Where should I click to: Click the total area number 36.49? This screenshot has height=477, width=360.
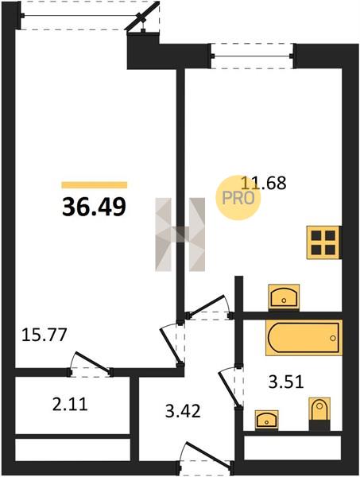pos(94,207)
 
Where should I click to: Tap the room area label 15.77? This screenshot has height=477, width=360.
pos(44,335)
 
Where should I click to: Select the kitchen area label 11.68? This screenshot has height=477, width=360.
pos(264,183)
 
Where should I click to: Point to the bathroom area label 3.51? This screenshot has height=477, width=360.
pos(286,382)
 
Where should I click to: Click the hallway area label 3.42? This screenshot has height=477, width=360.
pos(183,411)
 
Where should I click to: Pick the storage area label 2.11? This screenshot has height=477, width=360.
pos(70,405)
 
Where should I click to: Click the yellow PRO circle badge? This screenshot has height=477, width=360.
pos(238,198)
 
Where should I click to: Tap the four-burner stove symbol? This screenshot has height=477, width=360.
pos(323,242)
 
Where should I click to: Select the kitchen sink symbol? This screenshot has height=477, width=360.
pos(284,297)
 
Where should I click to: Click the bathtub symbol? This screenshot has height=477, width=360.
pos(304,337)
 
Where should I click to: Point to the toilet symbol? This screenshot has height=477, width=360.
pos(319,413)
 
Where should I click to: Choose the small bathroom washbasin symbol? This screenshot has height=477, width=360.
pos(267,420)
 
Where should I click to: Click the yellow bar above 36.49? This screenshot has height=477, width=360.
pos(95,185)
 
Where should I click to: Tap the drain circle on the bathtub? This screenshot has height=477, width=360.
pos(333,338)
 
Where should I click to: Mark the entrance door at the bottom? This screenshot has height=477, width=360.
pos(205,460)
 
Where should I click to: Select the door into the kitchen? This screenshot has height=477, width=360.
pos(210,308)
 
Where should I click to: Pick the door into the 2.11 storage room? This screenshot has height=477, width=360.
pos(91,365)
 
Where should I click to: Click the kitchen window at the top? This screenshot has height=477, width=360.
pos(253,56)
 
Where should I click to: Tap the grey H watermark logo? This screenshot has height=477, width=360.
pos(180,235)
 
